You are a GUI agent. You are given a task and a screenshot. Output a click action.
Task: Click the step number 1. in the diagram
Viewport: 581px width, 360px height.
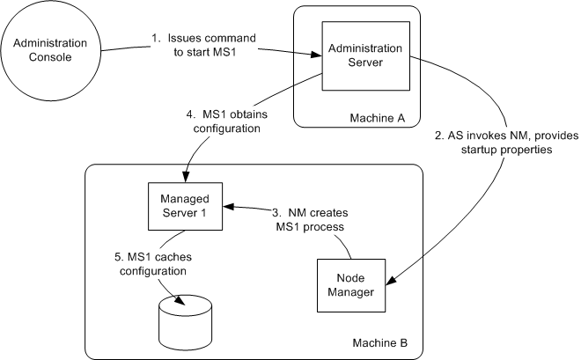pyautogui.click(x=155, y=38)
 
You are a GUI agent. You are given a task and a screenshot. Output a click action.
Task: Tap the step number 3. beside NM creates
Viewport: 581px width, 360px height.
pyautogui.click(x=276, y=212)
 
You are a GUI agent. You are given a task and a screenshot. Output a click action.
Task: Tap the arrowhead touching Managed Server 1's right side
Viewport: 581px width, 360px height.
pyautogui.click(x=228, y=207)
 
